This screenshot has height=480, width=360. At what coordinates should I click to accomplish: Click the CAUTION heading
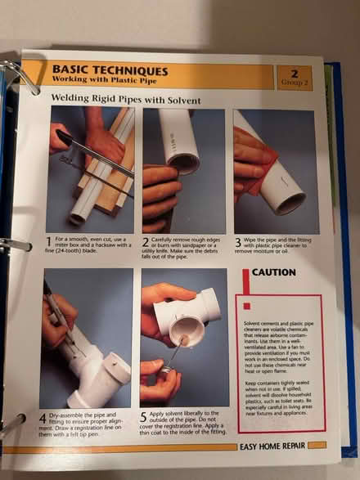[274, 272]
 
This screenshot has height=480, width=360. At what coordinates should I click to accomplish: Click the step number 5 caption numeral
[144, 418]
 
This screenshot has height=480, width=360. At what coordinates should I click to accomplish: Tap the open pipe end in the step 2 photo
[184, 162]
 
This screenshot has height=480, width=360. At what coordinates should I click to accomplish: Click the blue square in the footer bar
[321, 446]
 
